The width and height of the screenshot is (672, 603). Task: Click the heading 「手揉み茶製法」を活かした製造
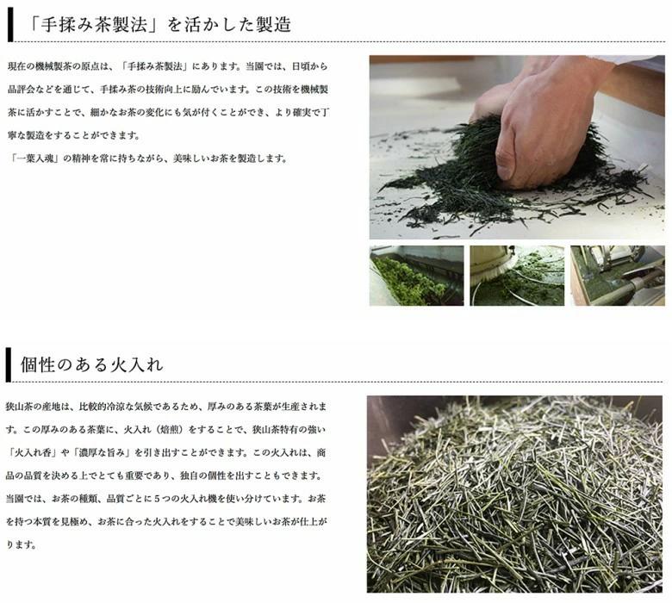(159, 24)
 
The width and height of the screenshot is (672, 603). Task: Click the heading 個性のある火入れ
(91, 364)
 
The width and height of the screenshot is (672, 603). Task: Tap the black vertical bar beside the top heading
(10, 24)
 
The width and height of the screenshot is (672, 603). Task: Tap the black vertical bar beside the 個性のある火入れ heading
(8, 364)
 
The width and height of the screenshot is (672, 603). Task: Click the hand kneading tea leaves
(540, 124)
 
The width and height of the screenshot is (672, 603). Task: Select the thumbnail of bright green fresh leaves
(417, 276)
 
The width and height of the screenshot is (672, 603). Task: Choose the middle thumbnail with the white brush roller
(517, 276)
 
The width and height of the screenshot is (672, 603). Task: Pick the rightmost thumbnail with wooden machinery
(618, 276)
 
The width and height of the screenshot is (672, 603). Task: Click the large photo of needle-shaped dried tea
(514, 494)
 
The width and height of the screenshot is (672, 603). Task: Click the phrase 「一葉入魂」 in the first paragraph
(35, 159)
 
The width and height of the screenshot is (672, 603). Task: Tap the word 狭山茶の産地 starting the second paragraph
(33, 407)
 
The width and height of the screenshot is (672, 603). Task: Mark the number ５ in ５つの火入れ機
(157, 499)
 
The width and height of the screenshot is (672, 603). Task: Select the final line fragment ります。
(21, 545)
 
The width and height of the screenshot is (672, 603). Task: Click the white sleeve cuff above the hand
(634, 61)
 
